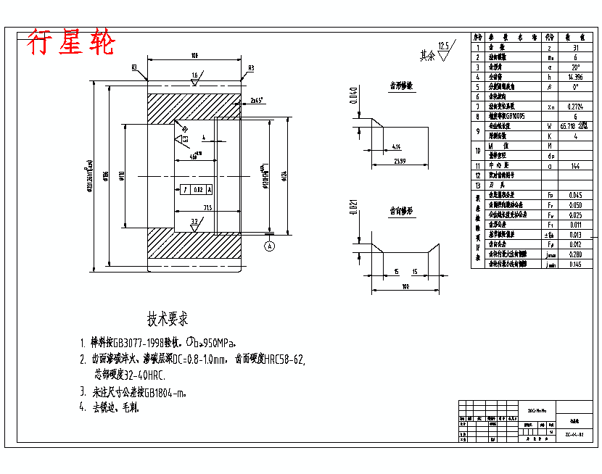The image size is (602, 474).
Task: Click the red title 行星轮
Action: [x=71, y=43]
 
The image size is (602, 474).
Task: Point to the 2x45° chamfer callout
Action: [x=255, y=100]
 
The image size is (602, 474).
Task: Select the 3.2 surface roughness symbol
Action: [x=194, y=223]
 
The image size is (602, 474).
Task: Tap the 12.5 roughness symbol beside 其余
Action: [x=444, y=49]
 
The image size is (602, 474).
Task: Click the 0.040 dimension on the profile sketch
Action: [x=353, y=96]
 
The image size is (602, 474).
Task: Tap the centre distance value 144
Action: [x=575, y=165]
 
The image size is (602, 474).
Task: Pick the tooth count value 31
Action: [x=575, y=46]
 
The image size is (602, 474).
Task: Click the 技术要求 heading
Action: [x=168, y=319]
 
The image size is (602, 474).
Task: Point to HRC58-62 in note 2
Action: [x=285, y=359]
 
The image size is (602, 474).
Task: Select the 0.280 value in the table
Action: [x=575, y=254]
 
